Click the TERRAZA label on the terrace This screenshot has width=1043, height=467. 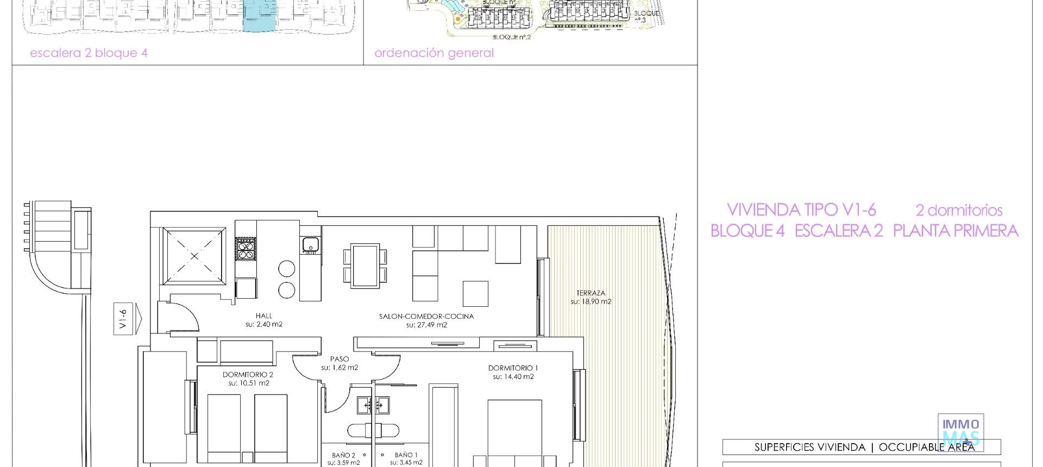point(590,293)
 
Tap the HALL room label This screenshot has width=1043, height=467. point(264,315)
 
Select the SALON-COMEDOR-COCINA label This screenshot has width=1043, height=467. point(426,316)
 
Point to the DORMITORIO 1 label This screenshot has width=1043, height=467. point(513,368)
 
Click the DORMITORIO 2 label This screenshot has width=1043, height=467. point(248,375)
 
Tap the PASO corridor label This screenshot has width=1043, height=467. point(340,359)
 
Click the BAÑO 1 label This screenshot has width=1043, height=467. point(406,455)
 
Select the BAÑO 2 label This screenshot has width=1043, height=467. point(343,455)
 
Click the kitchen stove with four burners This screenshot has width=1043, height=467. point(245,249)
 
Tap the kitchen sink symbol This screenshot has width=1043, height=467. point(311,245)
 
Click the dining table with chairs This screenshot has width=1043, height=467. point(366,266)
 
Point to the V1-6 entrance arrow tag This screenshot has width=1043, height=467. point(127,319)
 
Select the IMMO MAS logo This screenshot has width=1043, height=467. point(960,432)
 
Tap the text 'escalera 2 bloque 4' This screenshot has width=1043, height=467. point(89,53)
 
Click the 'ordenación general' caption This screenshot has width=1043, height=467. point(434,53)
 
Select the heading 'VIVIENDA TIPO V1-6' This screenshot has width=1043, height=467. point(801,210)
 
